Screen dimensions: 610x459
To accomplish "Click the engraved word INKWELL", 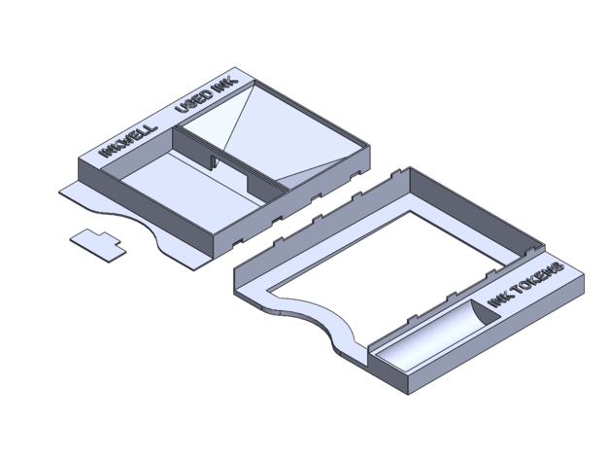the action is point(129,141).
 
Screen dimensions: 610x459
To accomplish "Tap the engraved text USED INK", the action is point(206,95).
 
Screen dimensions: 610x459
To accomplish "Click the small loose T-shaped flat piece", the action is point(98,245).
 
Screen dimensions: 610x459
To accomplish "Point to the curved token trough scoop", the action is point(436,335).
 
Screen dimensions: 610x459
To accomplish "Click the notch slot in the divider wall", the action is point(215,161).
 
